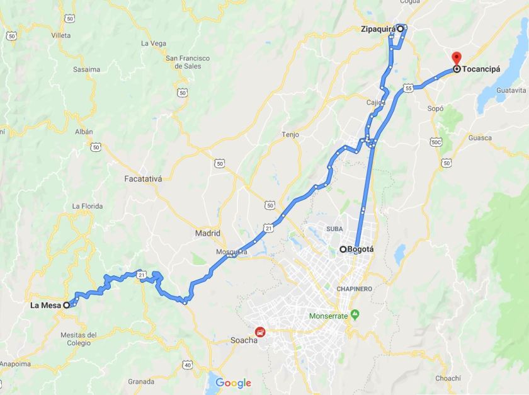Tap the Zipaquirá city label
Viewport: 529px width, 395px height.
[x=378, y=29]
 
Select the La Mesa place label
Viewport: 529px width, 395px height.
[x=45, y=306]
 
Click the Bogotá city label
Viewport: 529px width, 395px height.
[x=361, y=249]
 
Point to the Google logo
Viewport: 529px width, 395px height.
[x=233, y=382]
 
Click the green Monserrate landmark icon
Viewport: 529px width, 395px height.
[x=355, y=314]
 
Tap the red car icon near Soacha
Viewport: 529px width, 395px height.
[x=259, y=331]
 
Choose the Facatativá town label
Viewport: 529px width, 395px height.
[x=143, y=179]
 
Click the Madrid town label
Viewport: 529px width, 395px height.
[x=207, y=232]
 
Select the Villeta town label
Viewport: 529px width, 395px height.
[x=61, y=36]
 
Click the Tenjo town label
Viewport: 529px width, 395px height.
[x=290, y=135]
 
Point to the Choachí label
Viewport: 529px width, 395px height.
[x=448, y=378]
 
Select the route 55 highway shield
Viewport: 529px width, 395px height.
[x=409, y=89]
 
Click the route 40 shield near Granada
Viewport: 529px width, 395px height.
[x=188, y=365]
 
